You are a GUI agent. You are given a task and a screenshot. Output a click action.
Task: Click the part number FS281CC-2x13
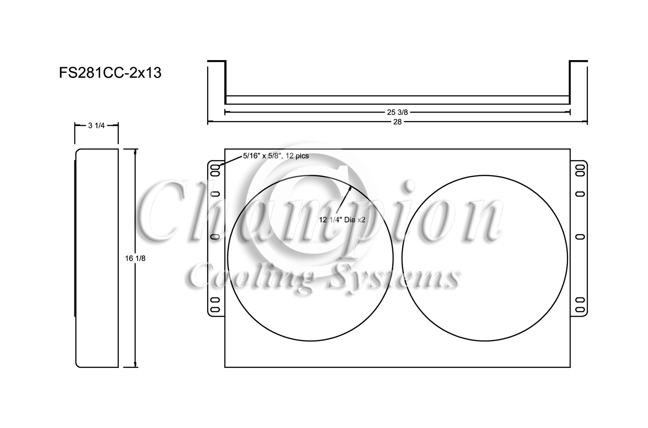pos(110,73)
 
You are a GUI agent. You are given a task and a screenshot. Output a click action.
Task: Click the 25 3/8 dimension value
pos(397,112)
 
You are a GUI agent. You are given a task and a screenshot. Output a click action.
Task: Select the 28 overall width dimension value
pos(397,122)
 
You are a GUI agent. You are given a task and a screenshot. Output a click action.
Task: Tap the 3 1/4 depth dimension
pos(96,126)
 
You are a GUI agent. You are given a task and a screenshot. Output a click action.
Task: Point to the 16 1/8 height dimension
pos(135,258)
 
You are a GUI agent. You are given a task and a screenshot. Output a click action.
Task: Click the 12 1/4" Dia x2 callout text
pos(342,220)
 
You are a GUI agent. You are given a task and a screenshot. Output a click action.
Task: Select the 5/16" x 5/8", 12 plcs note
pos(276,156)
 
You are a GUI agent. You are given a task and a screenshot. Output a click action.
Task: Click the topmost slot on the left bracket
pos(216,167)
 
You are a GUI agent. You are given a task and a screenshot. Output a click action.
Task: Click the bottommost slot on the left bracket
pos(215,310)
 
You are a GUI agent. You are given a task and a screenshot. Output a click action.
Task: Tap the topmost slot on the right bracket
pos(580,167)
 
